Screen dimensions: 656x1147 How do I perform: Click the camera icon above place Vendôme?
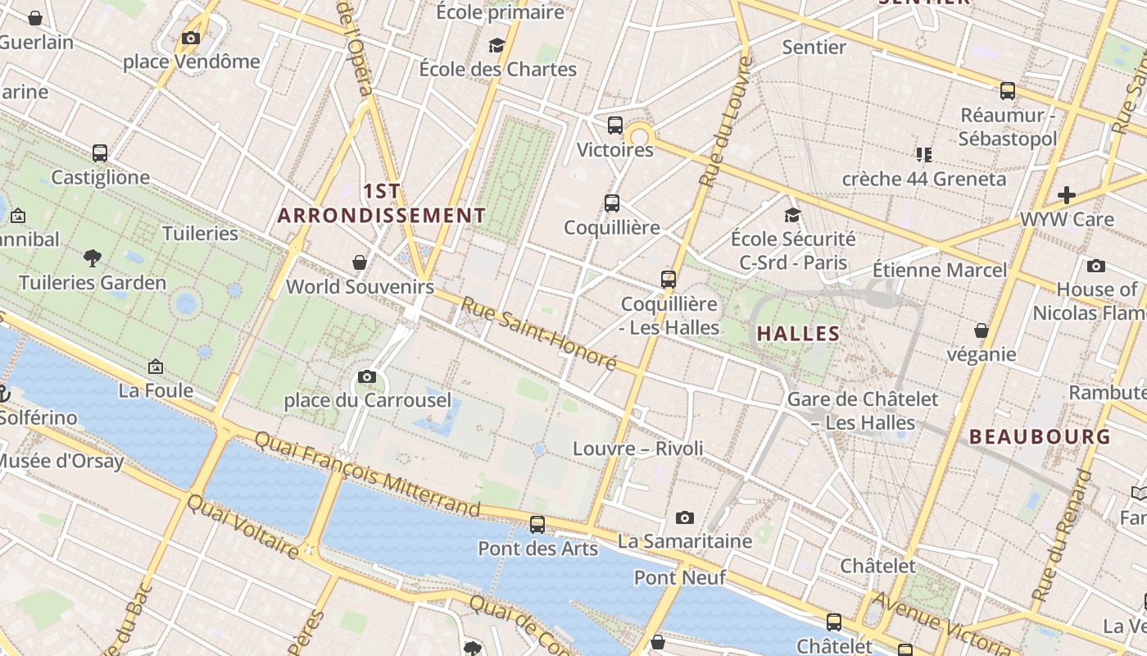191,38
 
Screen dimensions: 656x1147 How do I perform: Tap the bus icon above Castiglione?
100,153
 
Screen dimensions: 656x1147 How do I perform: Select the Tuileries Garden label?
93,283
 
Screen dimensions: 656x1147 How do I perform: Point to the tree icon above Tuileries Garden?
93,258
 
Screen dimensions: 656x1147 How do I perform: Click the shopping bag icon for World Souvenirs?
359,262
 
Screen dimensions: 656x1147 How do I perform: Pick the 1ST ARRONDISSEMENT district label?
382,203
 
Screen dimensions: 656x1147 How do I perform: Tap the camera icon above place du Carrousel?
367,377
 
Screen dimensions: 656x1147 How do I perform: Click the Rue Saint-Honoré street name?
538,333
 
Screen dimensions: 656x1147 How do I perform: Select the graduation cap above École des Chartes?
496,44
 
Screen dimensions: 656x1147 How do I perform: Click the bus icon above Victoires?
615,125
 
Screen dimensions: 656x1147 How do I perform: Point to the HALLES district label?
798,334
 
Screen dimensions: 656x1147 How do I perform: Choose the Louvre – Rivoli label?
637,449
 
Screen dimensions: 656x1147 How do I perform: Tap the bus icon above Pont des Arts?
537,524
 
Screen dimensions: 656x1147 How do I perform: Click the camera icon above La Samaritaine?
685,517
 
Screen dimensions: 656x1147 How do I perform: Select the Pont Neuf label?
680,578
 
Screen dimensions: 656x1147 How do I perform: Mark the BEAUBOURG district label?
1040,436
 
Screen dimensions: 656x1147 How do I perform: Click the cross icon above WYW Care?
1066,195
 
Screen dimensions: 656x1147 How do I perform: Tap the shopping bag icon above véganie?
981,330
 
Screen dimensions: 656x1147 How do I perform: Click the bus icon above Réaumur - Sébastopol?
1008,91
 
